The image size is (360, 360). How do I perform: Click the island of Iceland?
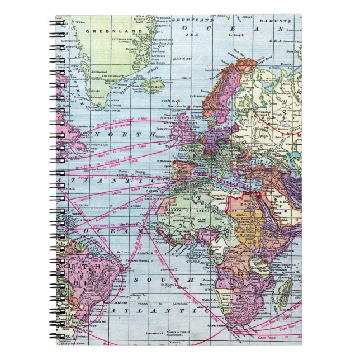[x=151, y=87]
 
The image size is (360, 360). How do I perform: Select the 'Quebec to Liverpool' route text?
[x=116, y=123]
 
